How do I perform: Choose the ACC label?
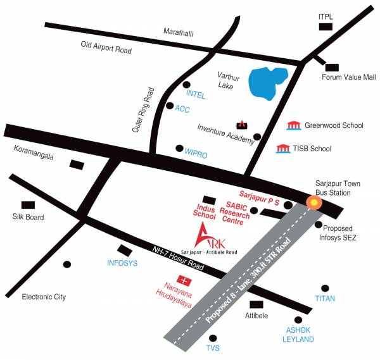click(x=182, y=109)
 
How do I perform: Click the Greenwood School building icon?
click(x=293, y=125)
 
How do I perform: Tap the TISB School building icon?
click(x=283, y=149)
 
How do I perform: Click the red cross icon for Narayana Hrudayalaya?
click(x=185, y=279)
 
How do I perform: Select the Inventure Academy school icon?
click(x=241, y=123)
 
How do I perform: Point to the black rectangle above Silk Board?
click(x=28, y=205)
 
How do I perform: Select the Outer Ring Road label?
click(x=143, y=109)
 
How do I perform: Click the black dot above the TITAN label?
click(x=326, y=288)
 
